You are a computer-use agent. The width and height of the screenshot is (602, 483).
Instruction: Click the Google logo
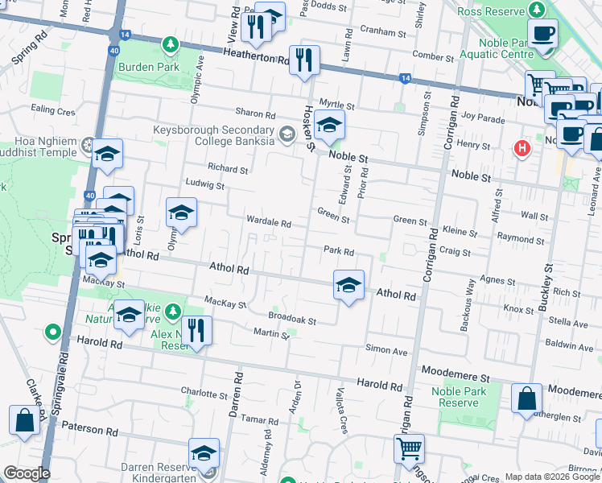click(x=26, y=473)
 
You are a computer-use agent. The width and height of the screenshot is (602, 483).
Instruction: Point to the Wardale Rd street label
click(x=268, y=222)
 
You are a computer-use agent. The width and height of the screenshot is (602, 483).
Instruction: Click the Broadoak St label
click(x=292, y=320)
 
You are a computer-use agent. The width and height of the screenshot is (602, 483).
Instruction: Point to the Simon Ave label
click(x=386, y=350)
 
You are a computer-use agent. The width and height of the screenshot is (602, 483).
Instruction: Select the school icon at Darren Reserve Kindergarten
click(x=204, y=453)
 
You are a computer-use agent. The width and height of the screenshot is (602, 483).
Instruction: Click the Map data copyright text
click(x=551, y=477)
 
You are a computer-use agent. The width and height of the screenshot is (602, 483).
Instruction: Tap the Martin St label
click(x=270, y=333)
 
